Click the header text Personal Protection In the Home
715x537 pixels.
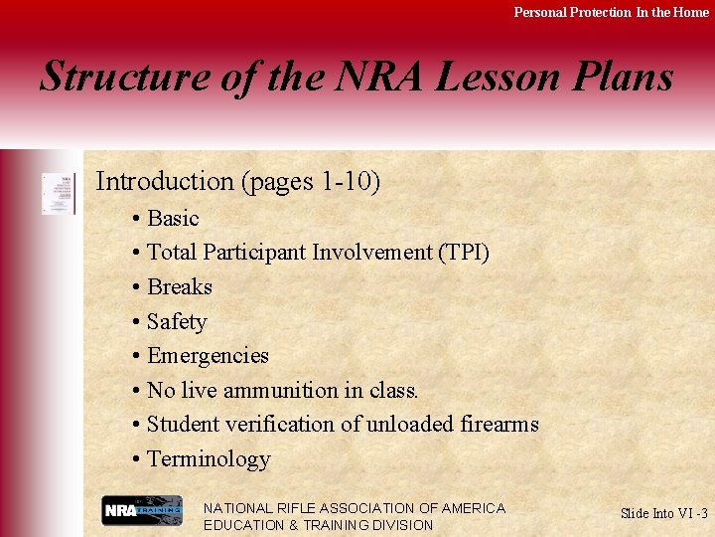(611, 12)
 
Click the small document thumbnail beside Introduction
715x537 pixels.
(58, 193)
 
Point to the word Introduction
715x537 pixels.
(164, 181)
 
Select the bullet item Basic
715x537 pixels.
(172, 218)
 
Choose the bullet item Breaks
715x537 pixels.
(179, 287)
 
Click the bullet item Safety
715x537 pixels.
(176, 322)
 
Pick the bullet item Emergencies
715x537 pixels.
(207, 356)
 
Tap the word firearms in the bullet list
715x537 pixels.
(500, 425)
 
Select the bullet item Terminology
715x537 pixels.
(208, 459)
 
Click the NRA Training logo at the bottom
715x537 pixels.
(142, 511)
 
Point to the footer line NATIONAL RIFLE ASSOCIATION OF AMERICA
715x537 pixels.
(354, 508)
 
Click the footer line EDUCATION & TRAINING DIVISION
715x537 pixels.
(318, 525)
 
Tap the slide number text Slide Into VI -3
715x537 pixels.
(663, 513)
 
